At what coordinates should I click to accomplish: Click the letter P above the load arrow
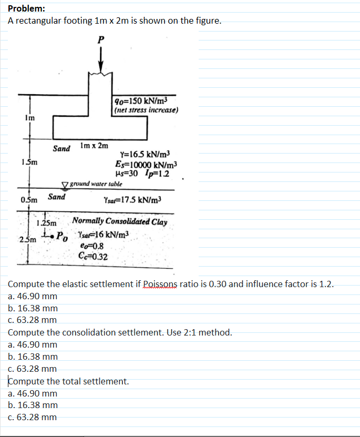click(x=101, y=39)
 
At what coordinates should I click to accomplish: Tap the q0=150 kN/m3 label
click(x=141, y=101)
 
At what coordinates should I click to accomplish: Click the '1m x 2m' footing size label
click(x=95, y=145)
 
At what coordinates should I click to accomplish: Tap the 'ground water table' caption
click(x=96, y=184)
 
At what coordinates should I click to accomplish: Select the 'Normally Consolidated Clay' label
click(x=120, y=221)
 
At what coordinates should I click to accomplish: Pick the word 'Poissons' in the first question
click(x=156, y=284)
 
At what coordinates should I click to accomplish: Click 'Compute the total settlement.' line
click(x=68, y=381)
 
